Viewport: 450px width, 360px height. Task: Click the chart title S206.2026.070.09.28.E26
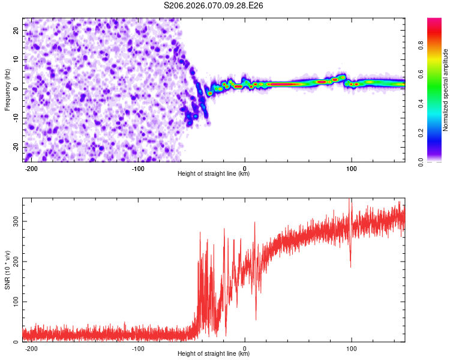(214, 5)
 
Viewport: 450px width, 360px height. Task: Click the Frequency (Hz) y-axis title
(8, 89)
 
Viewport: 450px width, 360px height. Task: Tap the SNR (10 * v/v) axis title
(8, 269)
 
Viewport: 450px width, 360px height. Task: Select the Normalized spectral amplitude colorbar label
(446, 89)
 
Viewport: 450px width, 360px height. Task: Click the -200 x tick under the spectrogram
(32, 168)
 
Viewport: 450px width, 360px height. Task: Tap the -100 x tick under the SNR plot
(139, 348)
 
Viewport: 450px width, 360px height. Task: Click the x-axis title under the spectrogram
(214, 174)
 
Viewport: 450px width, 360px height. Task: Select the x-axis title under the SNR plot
(214, 354)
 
